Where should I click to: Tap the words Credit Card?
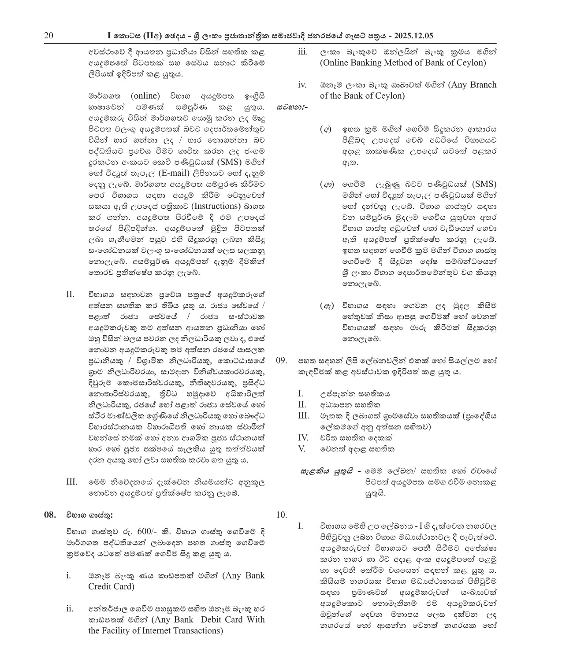111,586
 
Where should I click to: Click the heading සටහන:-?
293,107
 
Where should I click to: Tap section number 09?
282,361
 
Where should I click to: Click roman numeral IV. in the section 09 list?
303,438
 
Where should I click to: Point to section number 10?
282,515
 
